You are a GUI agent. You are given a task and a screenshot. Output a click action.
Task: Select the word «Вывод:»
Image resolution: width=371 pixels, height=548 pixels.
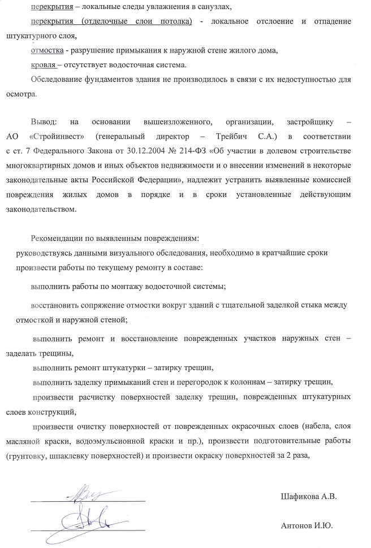click(x=44, y=121)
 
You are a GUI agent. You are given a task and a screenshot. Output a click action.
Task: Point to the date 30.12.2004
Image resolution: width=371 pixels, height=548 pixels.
click(x=156, y=151)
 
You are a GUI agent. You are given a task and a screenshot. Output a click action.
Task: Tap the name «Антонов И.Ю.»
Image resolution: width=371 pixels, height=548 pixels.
click(x=307, y=525)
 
